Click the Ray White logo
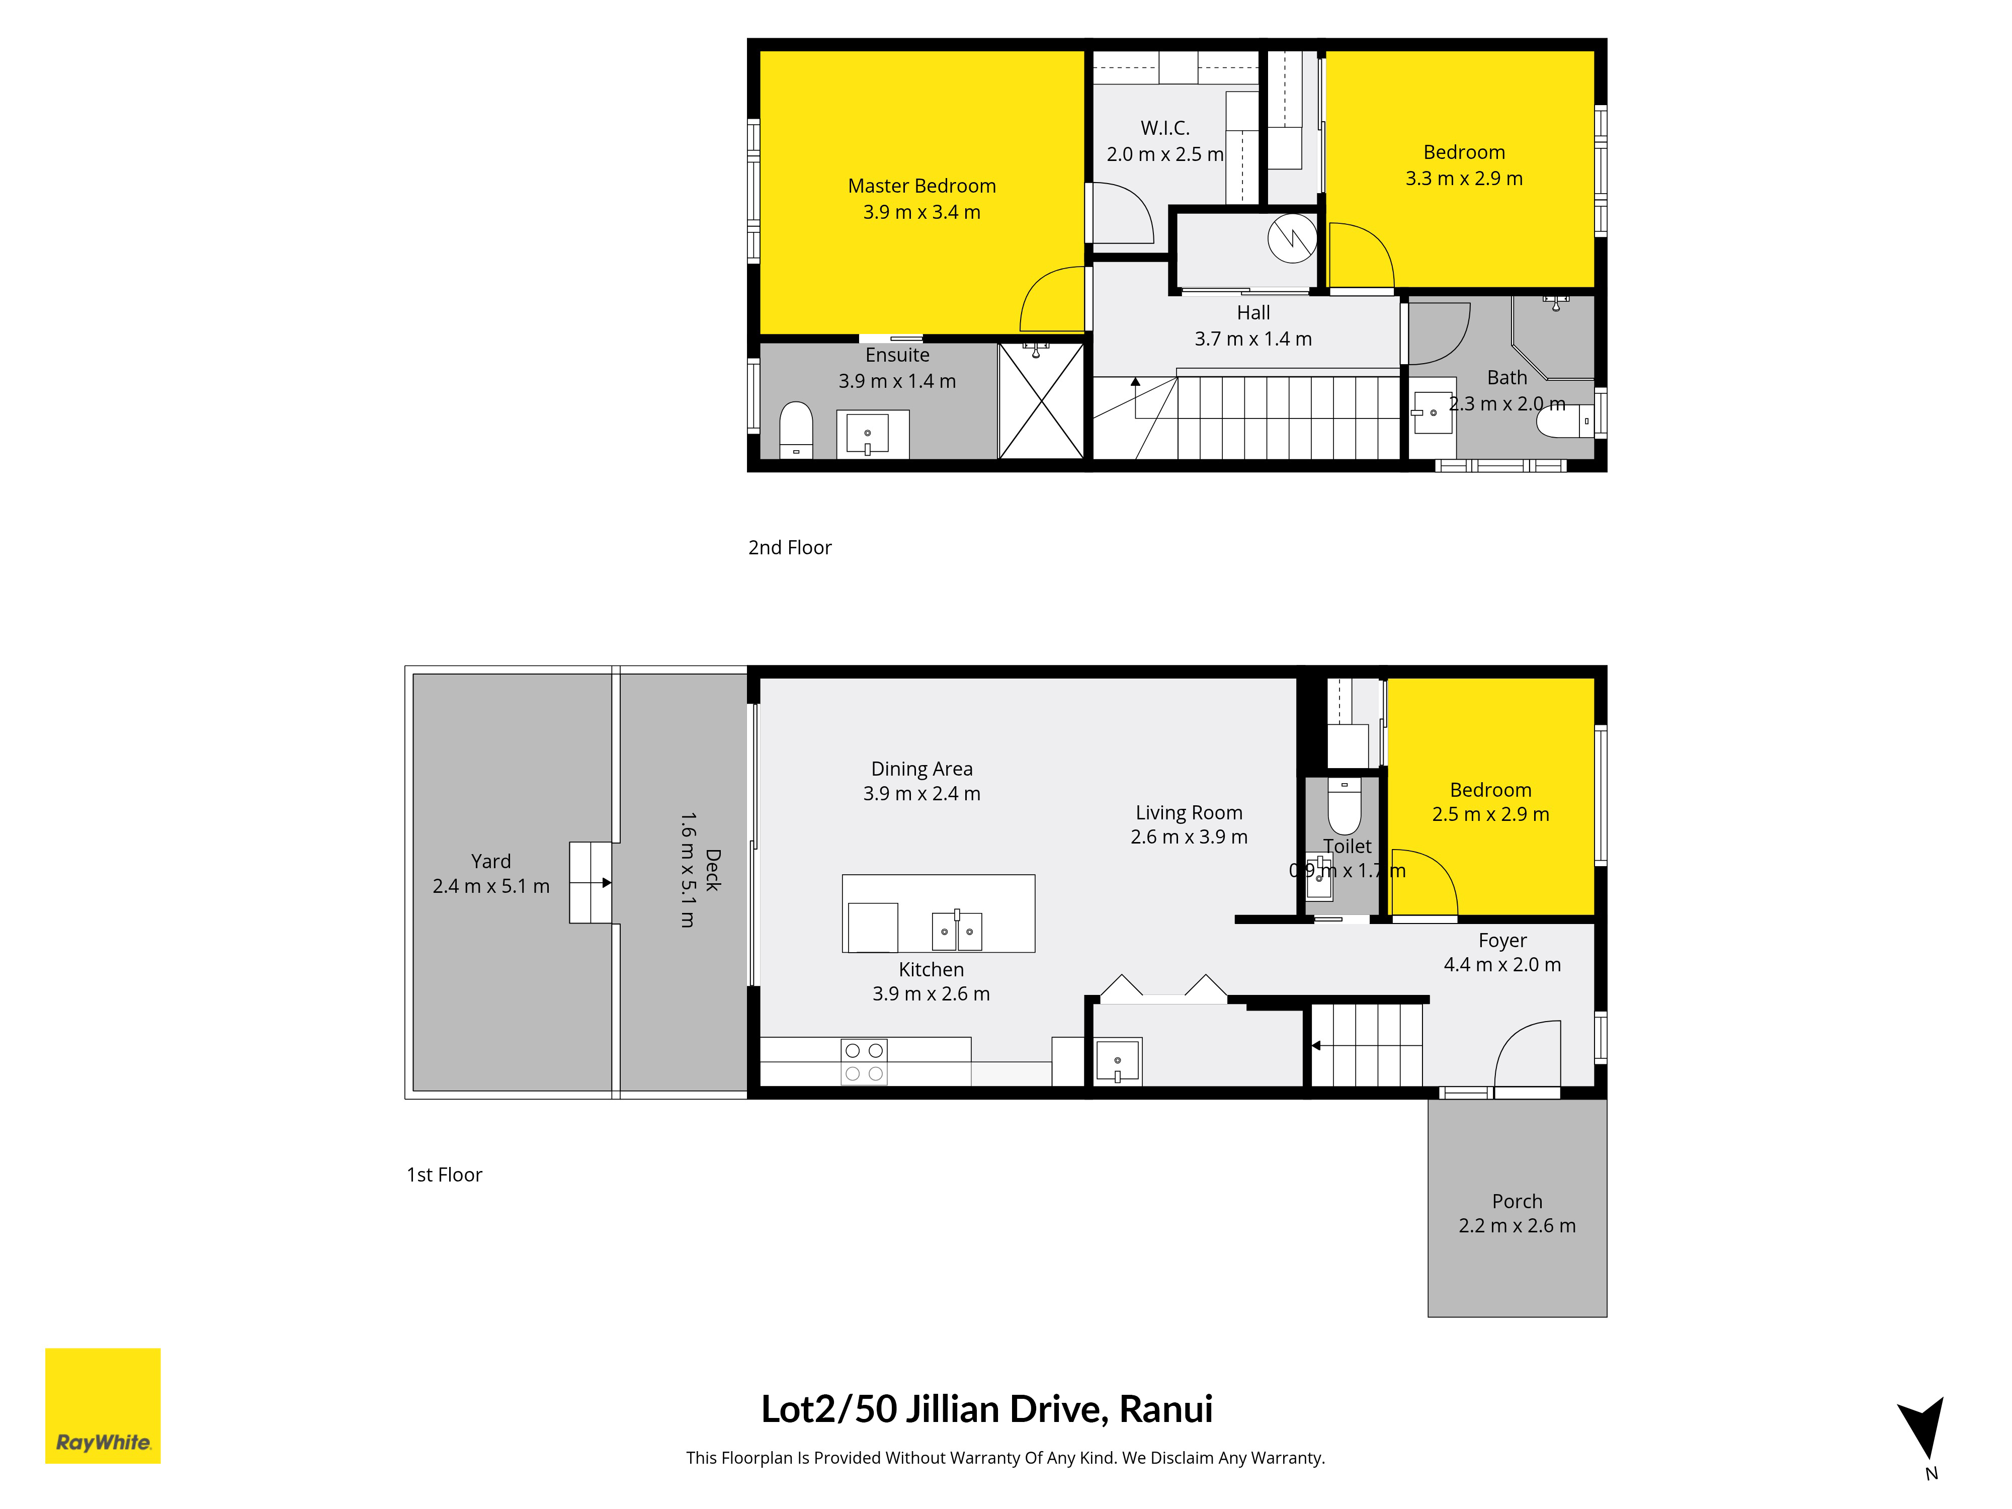coord(103,1405)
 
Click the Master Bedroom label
coord(921,186)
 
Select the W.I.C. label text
coord(1165,128)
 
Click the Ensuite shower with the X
coord(1042,401)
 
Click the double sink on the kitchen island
coord(957,930)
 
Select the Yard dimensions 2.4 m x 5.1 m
coord(491,886)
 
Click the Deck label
coord(713,870)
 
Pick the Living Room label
coord(1189,812)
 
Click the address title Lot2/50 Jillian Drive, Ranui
coord(987,1409)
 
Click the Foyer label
coord(1502,941)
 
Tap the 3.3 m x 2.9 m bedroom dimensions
coord(1464,178)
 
